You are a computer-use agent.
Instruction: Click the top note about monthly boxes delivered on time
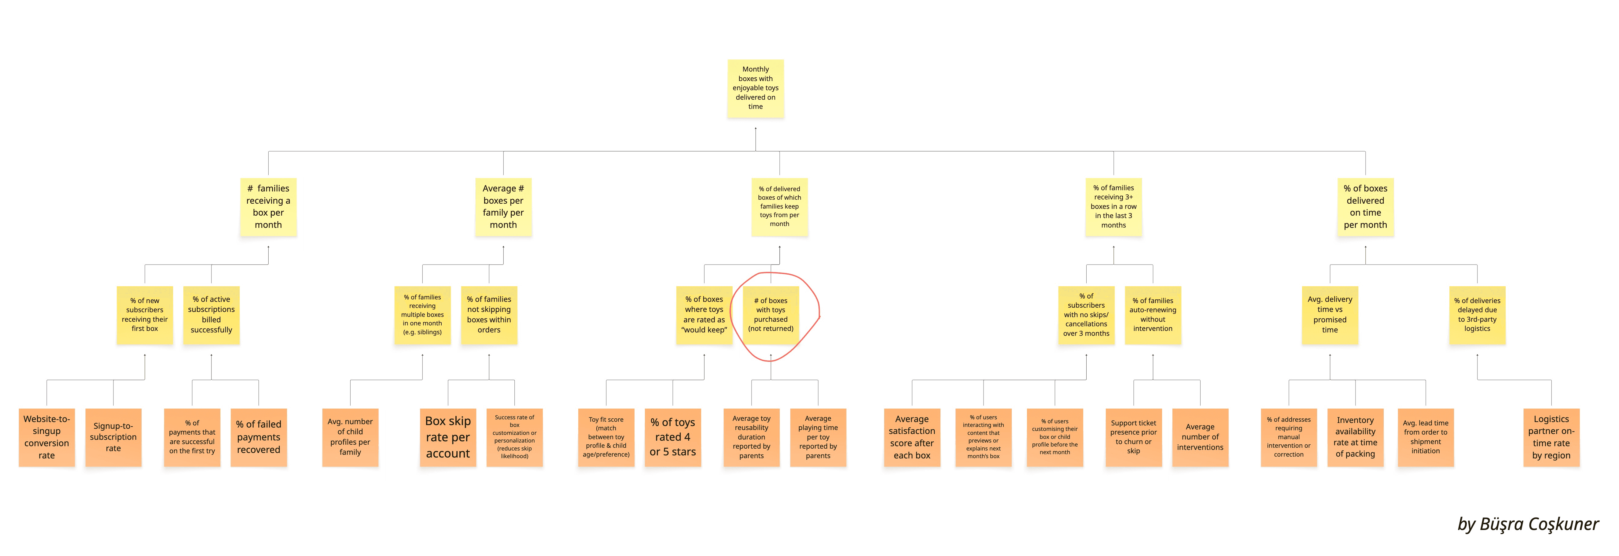point(756,88)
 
